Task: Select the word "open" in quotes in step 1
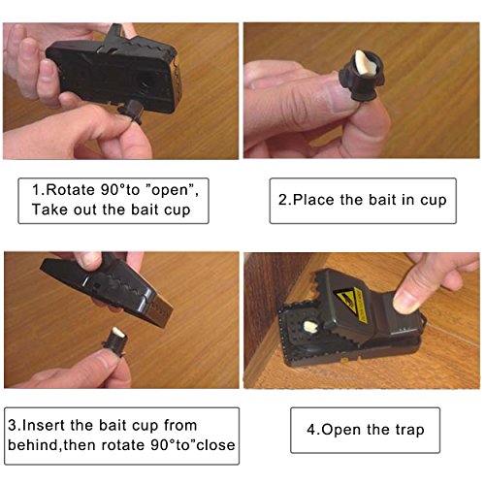(x=170, y=191)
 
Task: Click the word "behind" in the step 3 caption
(x=33, y=445)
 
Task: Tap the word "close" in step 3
(x=215, y=445)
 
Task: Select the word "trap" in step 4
(x=409, y=431)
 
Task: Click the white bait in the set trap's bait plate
(x=311, y=327)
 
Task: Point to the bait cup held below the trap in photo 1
(x=131, y=112)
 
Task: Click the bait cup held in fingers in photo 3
(x=114, y=342)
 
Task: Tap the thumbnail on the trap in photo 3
(x=87, y=261)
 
